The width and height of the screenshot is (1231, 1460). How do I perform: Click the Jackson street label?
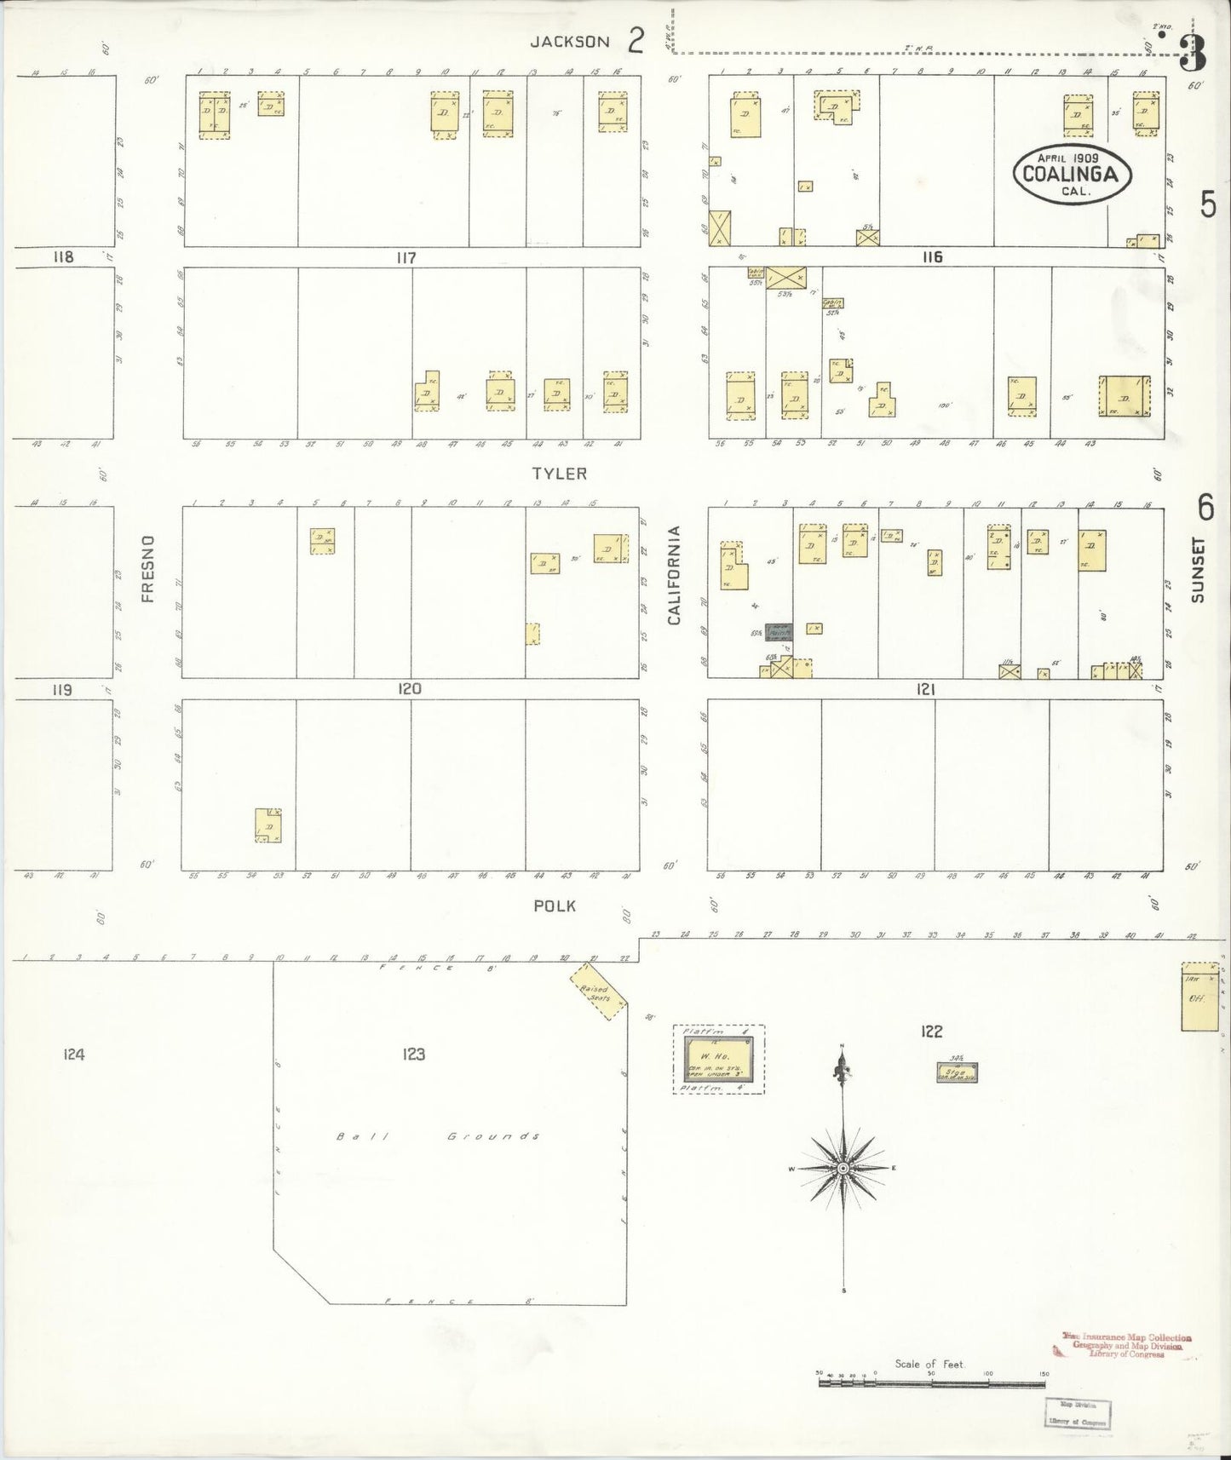pos(569,42)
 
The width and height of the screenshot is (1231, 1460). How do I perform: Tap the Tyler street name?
pos(560,474)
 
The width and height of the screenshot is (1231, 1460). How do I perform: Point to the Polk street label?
pos(555,905)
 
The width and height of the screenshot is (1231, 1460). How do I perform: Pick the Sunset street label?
pos(1199,569)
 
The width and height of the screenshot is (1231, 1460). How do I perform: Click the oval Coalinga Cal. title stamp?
pos(1072,173)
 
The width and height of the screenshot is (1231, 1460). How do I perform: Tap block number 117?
pos(405,257)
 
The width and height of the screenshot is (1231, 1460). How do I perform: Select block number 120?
pos(409,689)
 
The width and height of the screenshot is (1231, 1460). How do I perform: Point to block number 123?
pos(414,1055)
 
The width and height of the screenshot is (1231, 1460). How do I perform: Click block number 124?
pos(74,1055)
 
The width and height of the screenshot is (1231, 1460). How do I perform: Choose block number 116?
pos(932,257)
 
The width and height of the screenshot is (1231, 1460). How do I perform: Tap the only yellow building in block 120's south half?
pos(269,825)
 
